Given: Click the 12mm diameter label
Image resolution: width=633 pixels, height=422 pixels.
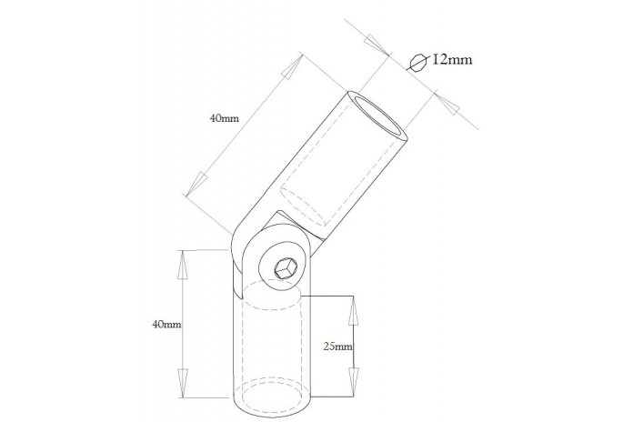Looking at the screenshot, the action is tap(452, 60).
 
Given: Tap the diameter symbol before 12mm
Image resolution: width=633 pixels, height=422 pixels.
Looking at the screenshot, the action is tap(417, 63).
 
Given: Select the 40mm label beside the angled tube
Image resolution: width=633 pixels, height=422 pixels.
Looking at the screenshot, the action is tap(225, 118).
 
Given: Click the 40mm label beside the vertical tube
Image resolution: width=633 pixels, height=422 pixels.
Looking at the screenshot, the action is tap(166, 324).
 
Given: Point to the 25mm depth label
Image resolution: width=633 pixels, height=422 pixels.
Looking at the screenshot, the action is tap(338, 347).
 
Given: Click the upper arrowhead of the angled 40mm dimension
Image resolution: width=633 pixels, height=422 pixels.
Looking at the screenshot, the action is tap(292, 66).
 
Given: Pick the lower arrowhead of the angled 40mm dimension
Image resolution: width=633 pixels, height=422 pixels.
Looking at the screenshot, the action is tap(196, 184).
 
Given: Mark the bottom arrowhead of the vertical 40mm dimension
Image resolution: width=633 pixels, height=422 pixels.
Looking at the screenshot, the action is tap(183, 383).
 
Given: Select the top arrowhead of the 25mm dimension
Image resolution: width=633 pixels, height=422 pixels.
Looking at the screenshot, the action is tap(354, 311).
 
